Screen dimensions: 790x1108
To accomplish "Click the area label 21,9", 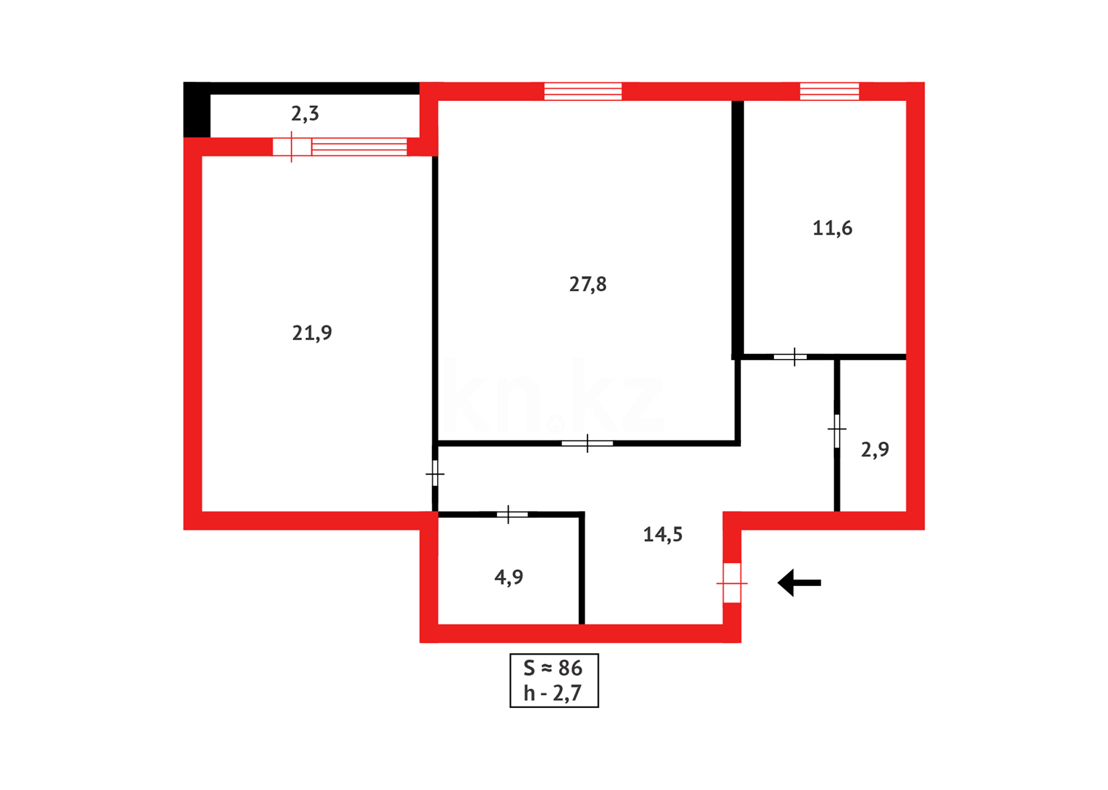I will (x=312, y=334).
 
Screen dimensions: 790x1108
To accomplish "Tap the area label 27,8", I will (x=588, y=285).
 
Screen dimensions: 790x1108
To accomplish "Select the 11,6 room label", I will (x=832, y=228).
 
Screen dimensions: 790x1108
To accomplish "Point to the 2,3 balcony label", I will (x=305, y=114).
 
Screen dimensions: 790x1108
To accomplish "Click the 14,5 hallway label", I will (x=662, y=535).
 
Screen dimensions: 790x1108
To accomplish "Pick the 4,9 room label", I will (x=509, y=578).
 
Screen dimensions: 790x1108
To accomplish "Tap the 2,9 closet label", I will (x=875, y=450).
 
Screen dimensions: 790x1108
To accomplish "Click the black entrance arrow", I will (x=799, y=583).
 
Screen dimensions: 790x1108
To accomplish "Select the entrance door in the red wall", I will (x=732, y=583).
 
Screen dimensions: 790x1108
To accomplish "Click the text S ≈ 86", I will (x=553, y=668).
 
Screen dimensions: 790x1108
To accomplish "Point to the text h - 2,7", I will (x=553, y=693).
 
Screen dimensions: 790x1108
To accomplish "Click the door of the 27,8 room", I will (x=587, y=443).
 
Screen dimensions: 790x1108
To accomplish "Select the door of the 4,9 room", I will (x=511, y=515).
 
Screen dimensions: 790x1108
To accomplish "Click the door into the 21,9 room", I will (x=435, y=474).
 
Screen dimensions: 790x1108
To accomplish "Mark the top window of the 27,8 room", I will (x=583, y=91).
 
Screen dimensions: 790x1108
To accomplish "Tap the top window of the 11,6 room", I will (x=829, y=91).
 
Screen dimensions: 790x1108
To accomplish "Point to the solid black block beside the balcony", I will (x=197, y=110).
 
